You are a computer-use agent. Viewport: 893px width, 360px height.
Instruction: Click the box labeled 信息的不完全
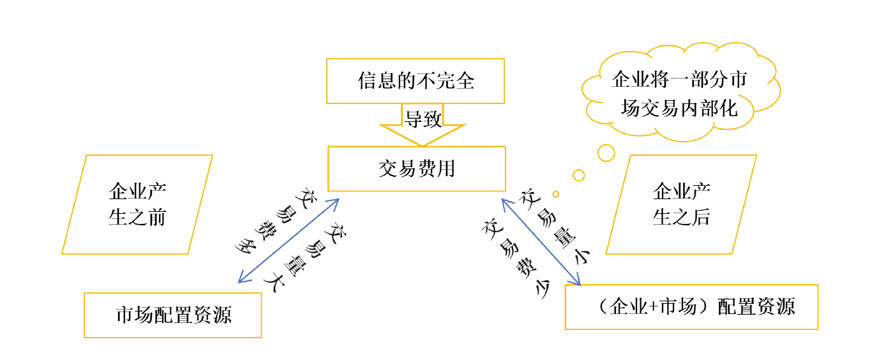416,81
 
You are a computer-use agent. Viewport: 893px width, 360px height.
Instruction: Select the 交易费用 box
416,169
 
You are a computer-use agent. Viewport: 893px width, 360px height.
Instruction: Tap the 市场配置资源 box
173,315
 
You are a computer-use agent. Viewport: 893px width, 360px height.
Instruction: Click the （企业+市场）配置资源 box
691,307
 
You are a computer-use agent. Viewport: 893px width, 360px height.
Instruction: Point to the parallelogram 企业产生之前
137,204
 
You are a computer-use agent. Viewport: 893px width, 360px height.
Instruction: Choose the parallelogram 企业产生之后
681,204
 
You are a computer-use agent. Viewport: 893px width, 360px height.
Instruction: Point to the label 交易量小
557,227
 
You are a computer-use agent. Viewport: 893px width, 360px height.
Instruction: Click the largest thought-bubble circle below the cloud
606,153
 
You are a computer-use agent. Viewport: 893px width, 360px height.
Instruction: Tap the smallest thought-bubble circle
556,194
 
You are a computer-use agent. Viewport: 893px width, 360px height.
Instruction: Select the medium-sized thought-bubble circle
579,175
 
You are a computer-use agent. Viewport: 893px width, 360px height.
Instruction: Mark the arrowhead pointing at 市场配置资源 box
241,279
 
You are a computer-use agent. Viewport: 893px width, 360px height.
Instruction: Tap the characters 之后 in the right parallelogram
696,218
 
